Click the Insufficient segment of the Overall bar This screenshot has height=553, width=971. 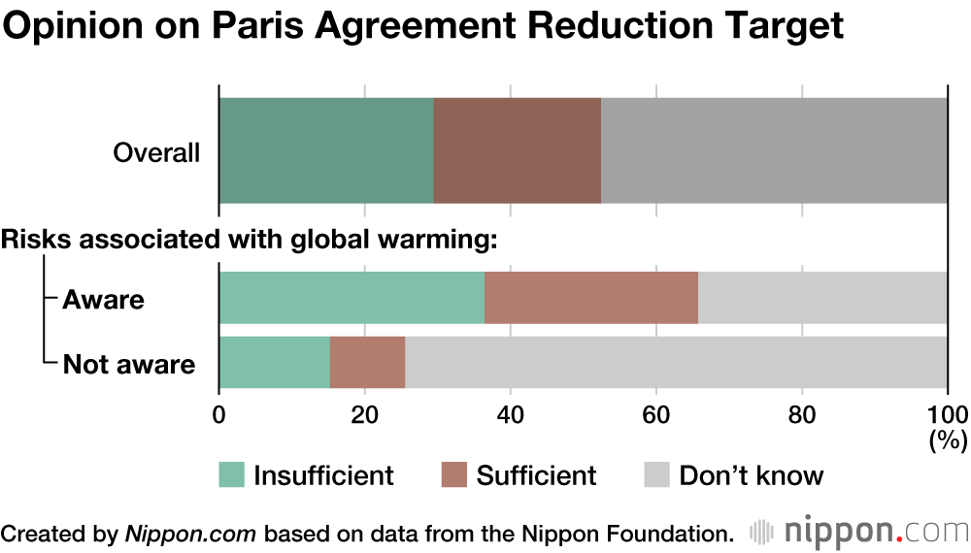(x=326, y=150)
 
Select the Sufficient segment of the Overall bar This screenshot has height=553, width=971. (x=518, y=150)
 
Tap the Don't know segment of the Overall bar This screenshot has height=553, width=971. (x=774, y=150)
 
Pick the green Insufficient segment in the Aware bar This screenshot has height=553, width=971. (x=352, y=298)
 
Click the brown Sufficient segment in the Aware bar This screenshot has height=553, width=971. (x=591, y=298)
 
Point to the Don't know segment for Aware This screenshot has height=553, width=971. (x=822, y=298)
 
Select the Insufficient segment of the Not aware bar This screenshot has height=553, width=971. (x=275, y=362)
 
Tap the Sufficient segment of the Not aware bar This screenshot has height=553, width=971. (x=368, y=362)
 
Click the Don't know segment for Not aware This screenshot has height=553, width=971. (x=676, y=362)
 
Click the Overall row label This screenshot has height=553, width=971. (x=156, y=153)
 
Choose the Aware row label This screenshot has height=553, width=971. (x=103, y=300)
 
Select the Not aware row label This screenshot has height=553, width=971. (x=129, y=365)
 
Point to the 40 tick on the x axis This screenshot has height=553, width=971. (x=510, y=411)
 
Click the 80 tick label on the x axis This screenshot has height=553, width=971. (x=801, y=411)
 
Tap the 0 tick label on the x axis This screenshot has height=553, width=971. (x=219, y=411)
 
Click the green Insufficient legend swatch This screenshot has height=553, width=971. (x=231, y=475)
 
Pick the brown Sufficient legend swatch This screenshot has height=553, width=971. (x=454, y=475)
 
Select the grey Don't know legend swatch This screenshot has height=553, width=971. (x=656, y=475)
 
